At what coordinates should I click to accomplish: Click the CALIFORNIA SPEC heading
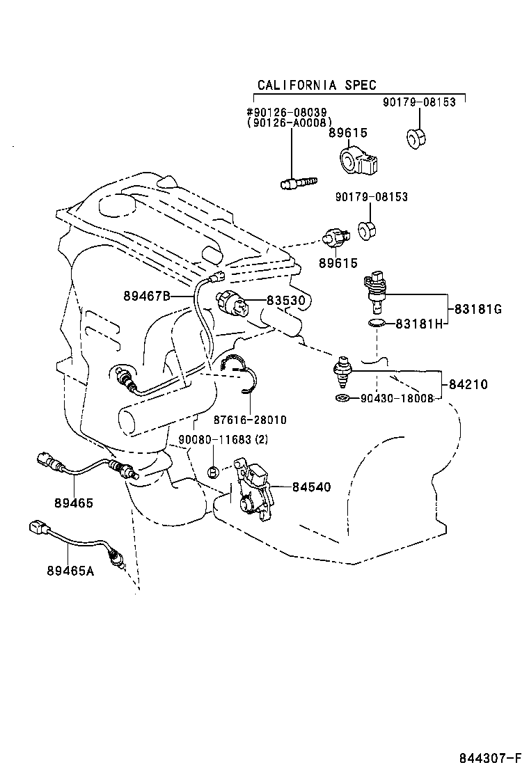[317, 85]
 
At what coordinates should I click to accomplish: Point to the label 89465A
[71, 571]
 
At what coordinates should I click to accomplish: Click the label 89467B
[147, 296]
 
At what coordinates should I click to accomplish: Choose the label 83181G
[477, 309]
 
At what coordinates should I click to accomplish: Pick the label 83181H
[420, 324]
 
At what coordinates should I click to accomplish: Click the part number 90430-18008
[397, 398]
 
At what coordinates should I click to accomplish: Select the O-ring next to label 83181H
[376, 323]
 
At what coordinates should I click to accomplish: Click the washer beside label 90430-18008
[341, 398]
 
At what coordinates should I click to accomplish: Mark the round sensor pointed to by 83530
[231, 302]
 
